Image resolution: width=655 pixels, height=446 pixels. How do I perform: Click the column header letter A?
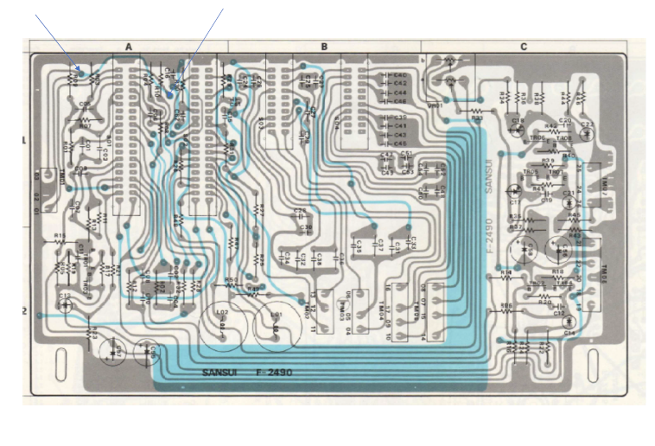pyautogui.click(x=129, y=47)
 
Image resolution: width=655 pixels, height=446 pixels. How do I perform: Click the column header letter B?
pyautogui.click(x=324, y=47)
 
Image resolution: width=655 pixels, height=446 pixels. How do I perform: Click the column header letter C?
pyautogui.click(x=524, y=47)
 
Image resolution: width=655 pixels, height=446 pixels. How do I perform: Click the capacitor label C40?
pyautogui.click(x=401, y=75)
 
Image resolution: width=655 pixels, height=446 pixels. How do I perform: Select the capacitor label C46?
pyautogui.click(x=401, y=102)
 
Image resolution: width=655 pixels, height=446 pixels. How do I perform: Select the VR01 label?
pyautogui.click(x=436, y=105)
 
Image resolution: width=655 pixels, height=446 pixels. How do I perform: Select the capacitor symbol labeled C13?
pyautogui.click(x=66, y=303)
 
